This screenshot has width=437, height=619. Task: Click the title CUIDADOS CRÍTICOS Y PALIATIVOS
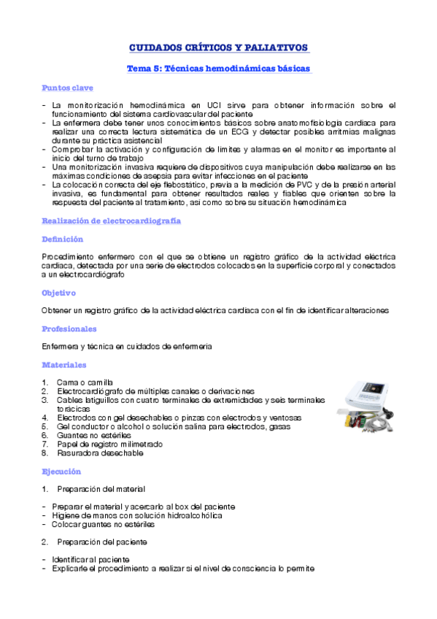218,47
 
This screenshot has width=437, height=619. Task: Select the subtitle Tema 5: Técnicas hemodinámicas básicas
219,69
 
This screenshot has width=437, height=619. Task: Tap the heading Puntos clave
67,88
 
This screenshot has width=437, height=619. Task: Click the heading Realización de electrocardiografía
112,220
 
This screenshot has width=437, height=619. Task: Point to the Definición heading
62,239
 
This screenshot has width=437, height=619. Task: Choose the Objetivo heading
59,293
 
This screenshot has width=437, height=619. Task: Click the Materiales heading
64,364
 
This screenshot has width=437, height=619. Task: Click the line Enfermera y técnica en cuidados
136,346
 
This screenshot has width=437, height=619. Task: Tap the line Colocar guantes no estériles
103,524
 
